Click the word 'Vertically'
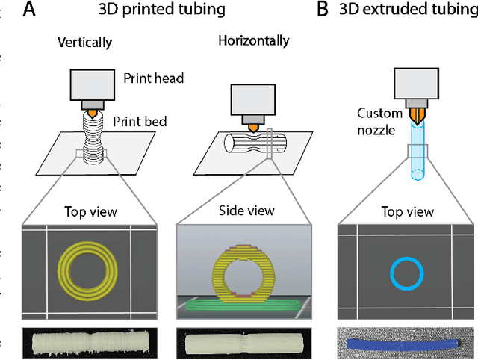(x=84, y=43)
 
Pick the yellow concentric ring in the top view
(x=91, y=265)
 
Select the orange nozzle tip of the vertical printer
(x=91, y=113)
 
